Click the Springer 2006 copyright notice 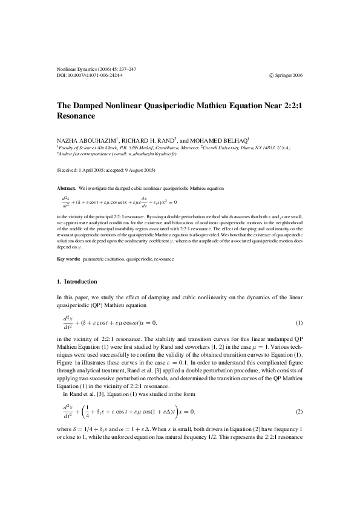[284, 76]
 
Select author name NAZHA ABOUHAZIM [88, 140]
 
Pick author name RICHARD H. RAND [151, 140]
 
